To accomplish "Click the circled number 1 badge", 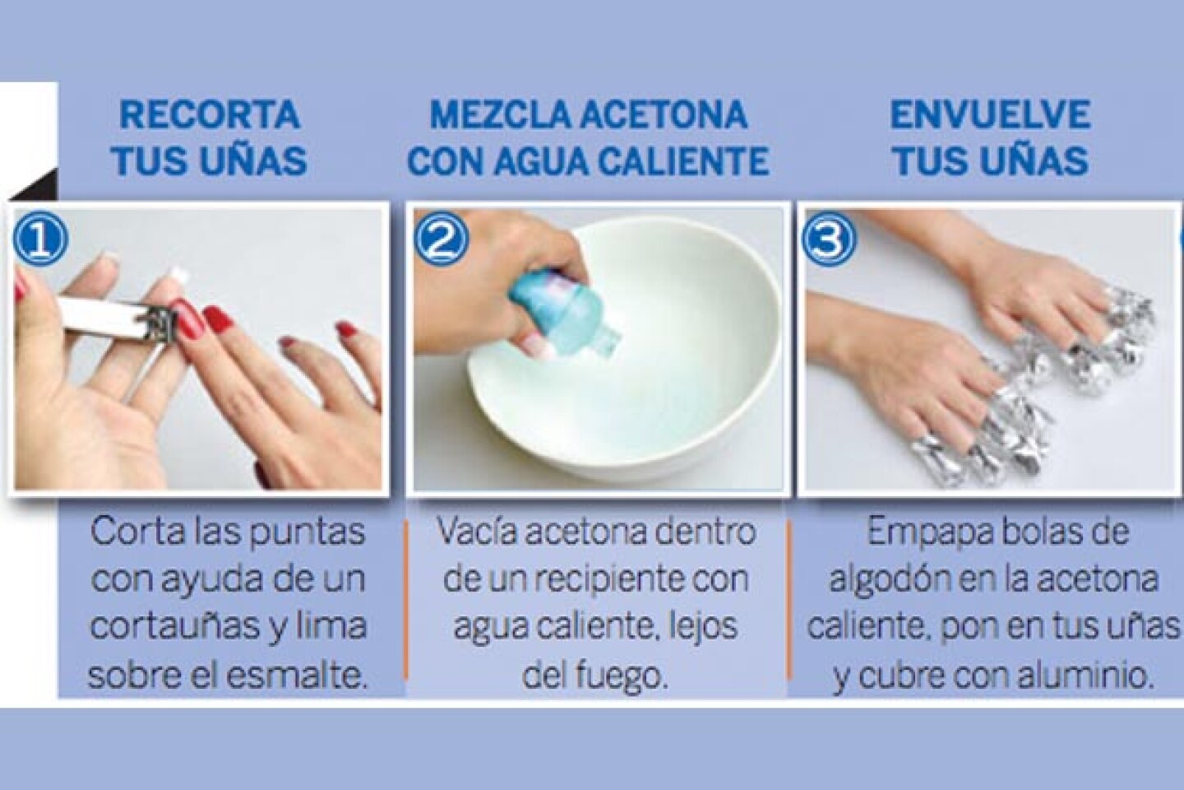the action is pos(41,239).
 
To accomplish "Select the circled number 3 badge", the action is pos(828,239).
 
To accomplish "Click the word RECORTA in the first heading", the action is pos(210,115).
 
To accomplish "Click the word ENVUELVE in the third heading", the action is pos(989,115).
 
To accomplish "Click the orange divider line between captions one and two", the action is pos(405,599).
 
